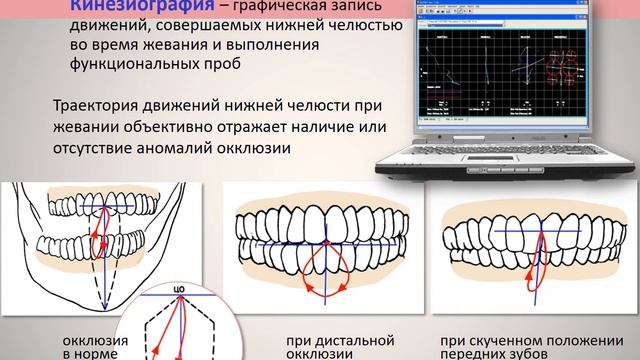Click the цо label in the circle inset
pyautogui.click(x=180, y=290)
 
